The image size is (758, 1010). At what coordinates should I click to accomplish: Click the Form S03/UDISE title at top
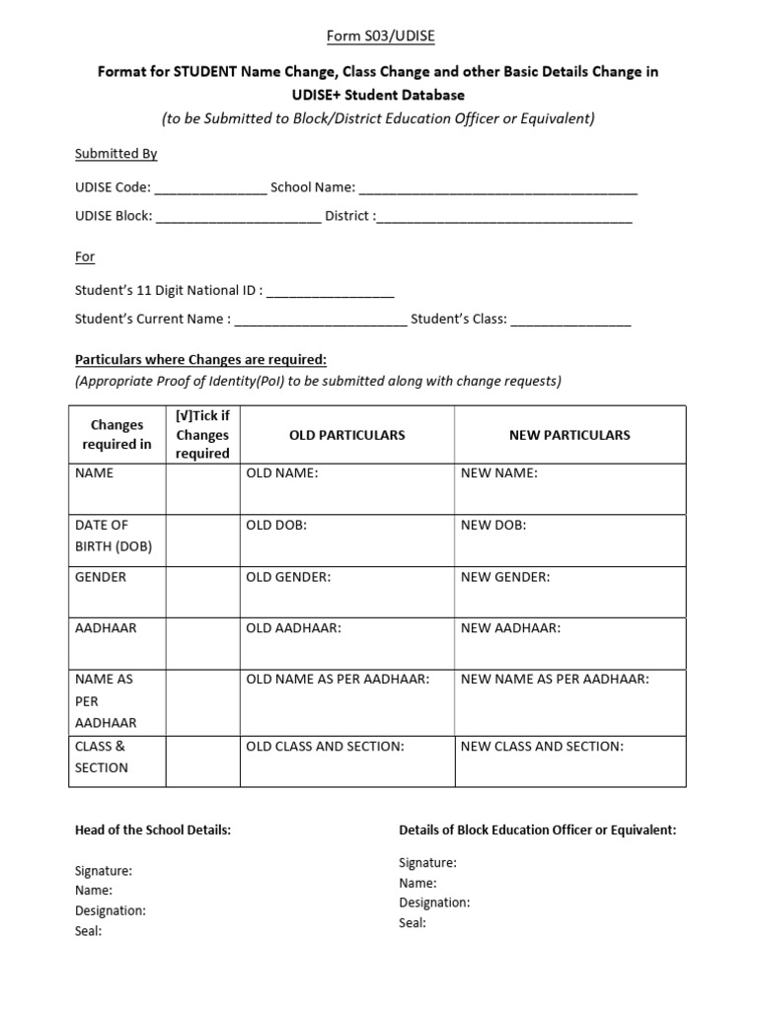(380, 36)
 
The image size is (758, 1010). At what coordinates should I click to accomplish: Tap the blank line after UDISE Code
(210, 188)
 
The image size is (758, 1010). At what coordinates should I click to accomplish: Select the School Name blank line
(498, 188)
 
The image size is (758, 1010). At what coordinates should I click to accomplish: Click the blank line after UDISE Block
(238, 217)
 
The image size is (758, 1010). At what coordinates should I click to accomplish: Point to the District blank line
(504, 217)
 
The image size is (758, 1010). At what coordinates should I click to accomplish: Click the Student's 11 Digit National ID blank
(331, 291)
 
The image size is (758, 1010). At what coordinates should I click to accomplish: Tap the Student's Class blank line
(570, 320)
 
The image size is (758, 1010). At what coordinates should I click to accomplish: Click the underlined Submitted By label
(116, 154)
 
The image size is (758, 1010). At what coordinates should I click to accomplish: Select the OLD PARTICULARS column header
(346, 435)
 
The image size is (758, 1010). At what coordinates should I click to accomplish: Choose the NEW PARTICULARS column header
(570, 435)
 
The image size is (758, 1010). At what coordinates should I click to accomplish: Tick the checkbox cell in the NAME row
(201, 488)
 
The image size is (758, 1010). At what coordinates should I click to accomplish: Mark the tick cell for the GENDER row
(201, 592)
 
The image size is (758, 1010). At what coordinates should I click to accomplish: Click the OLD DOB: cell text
(276, 526)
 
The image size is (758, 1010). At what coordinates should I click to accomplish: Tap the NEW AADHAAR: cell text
(510, 628)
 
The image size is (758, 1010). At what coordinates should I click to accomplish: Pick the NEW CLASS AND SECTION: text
(542, 747)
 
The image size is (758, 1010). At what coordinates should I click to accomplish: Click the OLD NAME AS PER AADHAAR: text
(338, 680)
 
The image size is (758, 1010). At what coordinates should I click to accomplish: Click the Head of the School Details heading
(153, 830)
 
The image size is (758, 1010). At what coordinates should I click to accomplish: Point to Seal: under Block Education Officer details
(413, 923)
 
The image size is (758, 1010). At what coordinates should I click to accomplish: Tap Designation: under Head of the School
(111, 910)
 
